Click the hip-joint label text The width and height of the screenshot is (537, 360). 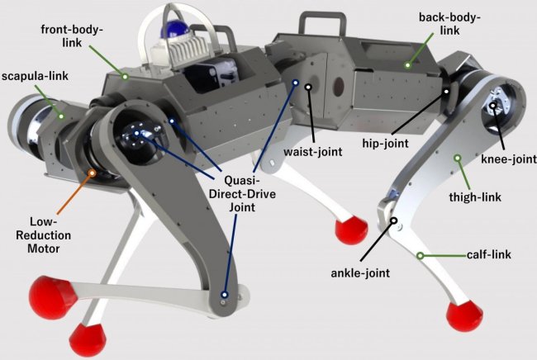387,142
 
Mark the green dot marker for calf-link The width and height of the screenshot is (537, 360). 421,255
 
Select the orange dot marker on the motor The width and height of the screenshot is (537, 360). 93,173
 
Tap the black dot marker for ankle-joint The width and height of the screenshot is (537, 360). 395,220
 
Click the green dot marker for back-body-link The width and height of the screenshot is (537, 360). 408,63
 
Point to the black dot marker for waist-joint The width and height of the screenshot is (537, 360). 308,85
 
